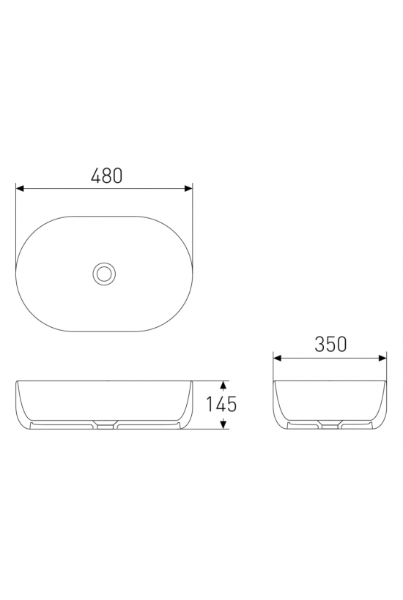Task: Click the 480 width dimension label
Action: [107, 176]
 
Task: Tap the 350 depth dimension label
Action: [330, 344]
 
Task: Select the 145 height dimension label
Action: [221, 404]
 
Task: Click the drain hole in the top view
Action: [104, 273]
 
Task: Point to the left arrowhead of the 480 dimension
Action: [20, 188]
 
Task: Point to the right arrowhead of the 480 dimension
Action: [188, 188]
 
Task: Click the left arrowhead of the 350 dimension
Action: [278, 358]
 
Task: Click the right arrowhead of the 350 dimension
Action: [382, 358]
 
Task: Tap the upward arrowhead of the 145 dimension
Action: [223, 385]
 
